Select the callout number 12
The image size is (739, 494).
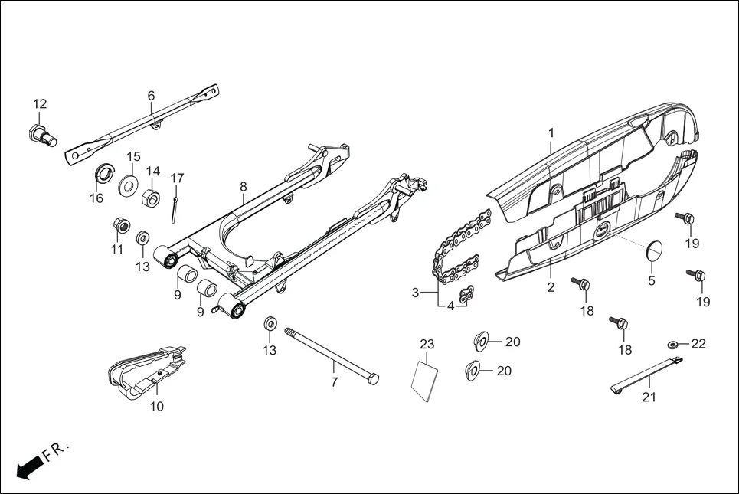(x=40, y=104)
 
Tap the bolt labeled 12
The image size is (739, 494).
(x=44, y=136)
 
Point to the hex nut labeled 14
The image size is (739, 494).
(x=152, y=199)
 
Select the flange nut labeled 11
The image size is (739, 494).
(x=119, y=224)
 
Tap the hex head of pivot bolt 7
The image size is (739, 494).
(x=372, y=379)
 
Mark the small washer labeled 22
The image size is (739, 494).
(x=672, y=345)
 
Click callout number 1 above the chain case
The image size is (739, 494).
(x=550, y=133)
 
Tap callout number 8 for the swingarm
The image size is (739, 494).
(x=243, y=186)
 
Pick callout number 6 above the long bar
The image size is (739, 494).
(x=151, y=96)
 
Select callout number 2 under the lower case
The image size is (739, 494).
(x=550, y=288)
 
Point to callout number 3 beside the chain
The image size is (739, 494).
(x=415, y=293)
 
